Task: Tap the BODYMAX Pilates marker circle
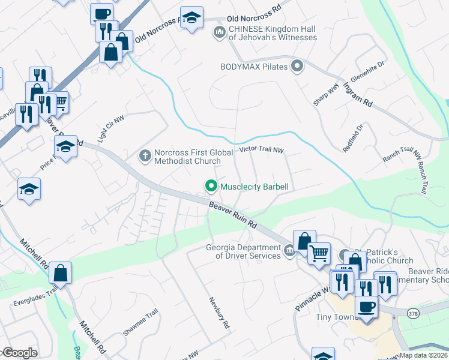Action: point(296,66)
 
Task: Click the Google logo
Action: point(19,353)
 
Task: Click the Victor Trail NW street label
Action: point(261,150)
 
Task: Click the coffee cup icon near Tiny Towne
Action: point(366,307)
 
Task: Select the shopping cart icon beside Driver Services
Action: point(319,253)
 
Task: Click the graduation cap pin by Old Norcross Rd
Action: point(191,18)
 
